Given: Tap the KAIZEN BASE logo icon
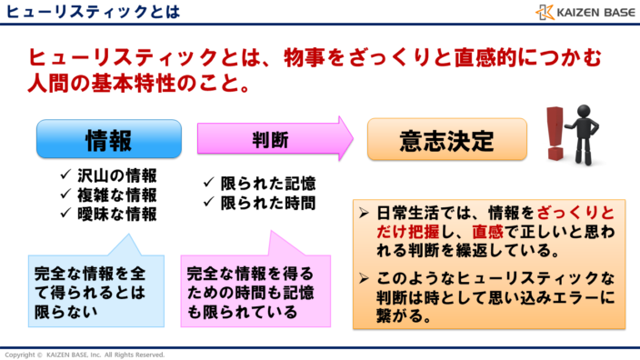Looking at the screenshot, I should point(545,13).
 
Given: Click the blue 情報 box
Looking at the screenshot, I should point(108,139).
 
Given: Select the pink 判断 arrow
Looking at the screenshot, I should point(273,140).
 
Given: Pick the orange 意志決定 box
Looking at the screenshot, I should point(446,140).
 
